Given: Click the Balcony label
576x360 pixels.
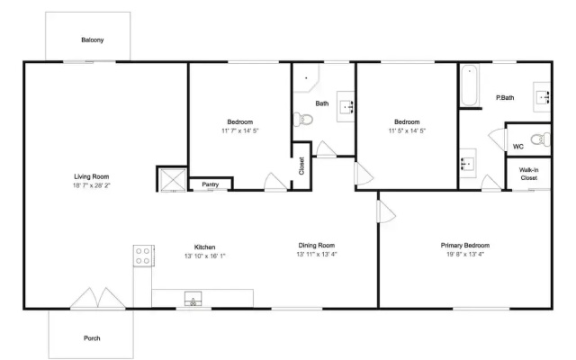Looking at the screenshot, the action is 92,40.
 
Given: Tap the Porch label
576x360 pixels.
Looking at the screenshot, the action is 92,338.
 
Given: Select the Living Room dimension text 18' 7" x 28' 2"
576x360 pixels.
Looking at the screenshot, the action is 92,185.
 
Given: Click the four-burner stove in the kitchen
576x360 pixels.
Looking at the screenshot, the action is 143,256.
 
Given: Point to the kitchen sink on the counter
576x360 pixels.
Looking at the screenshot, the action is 193,299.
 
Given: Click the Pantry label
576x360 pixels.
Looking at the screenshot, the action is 210,184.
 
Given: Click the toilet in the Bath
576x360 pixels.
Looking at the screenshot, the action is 303,120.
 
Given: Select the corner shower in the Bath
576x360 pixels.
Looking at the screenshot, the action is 306,77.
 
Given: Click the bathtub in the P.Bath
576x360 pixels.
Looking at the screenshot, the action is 470,85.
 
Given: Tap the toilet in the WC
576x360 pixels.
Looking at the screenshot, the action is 541,139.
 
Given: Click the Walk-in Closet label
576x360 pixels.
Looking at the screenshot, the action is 528,174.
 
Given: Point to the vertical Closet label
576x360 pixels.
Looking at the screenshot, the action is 301,166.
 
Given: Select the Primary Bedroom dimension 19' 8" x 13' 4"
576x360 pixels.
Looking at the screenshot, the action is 465,254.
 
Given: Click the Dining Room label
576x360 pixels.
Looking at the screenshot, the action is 316,246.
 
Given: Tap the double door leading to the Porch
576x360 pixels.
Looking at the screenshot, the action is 98,298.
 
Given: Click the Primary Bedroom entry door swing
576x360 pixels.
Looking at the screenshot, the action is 386,211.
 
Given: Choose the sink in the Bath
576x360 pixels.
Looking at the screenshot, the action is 346,106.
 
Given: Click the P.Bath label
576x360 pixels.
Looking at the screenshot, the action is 505,98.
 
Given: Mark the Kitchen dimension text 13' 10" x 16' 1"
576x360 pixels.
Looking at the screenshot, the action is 204,256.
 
